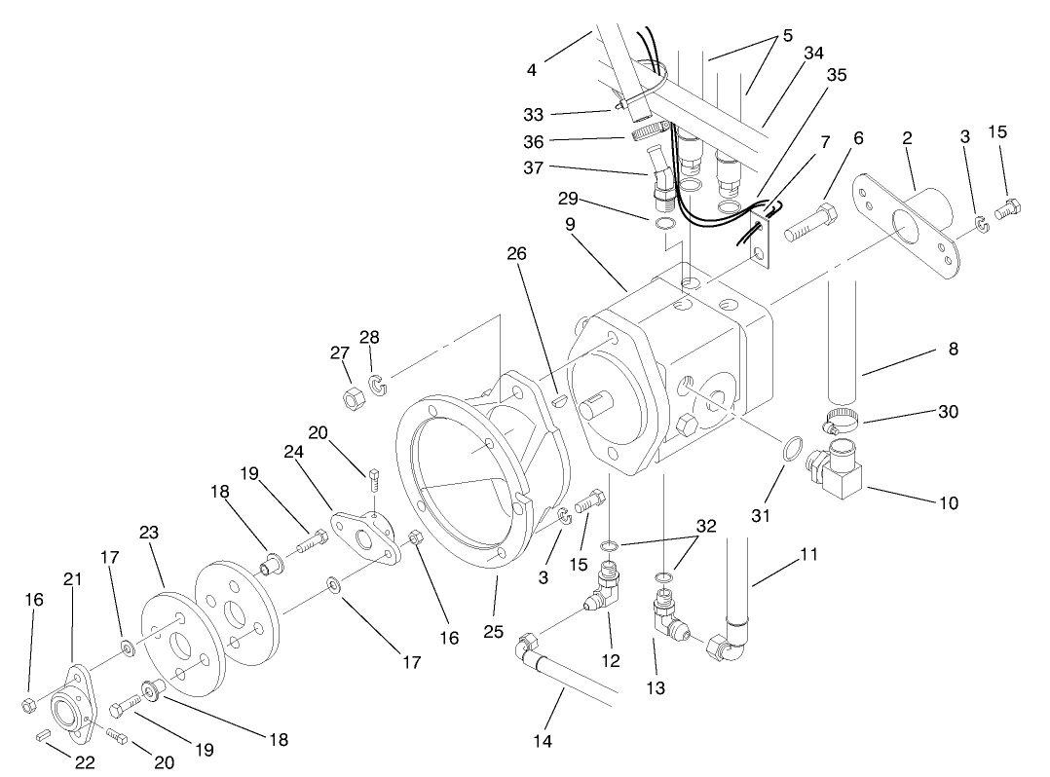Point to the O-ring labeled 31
coord(793,450)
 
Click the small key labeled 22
coord(44,737)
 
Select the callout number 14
coord(543,741)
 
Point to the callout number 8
coord(953,348)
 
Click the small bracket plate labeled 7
coord(760,239)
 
